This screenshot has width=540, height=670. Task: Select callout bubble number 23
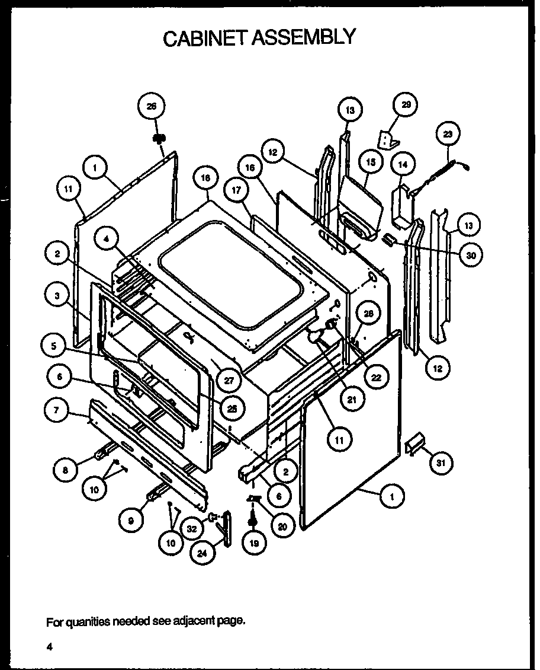448,134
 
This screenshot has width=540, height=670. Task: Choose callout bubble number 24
202,553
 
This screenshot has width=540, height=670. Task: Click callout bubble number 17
235,190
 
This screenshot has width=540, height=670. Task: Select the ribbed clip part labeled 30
389,239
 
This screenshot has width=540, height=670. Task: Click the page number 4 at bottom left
51,647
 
